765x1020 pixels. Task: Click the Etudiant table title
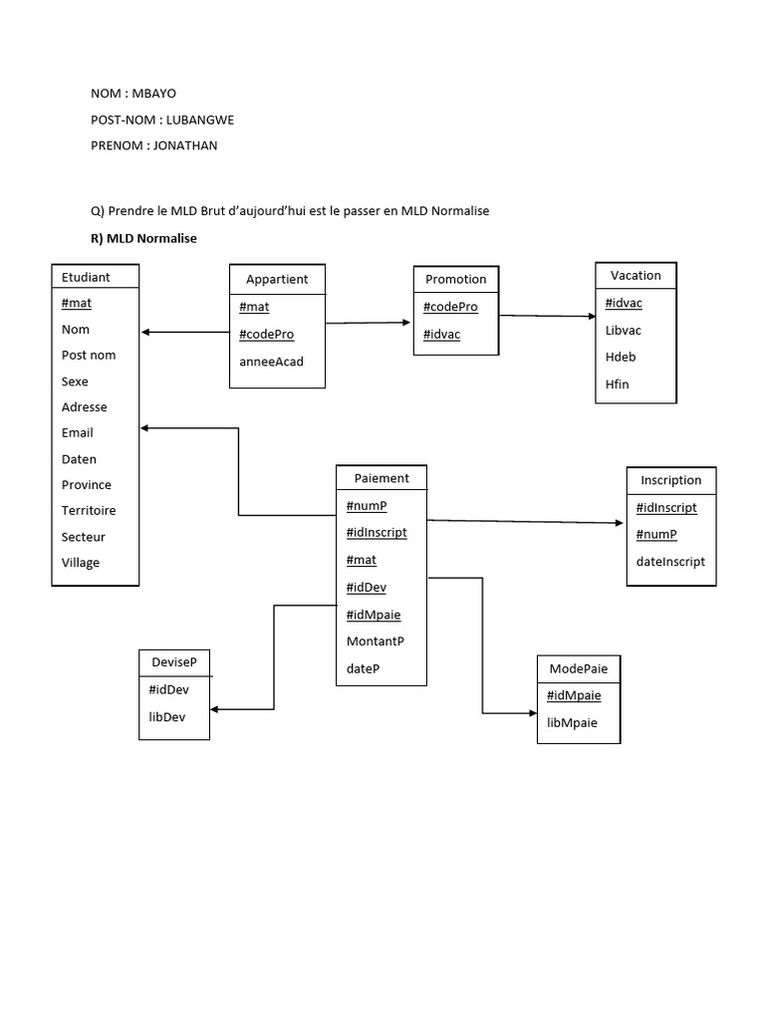(86, 277)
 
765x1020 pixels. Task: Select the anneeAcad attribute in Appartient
(271, 362)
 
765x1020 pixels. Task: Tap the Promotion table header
(456, 279)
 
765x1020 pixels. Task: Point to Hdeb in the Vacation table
(621, 358)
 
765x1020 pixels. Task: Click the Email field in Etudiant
(78, 433)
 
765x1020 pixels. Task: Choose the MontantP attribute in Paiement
(376, 641)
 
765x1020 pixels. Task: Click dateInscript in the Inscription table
(670, 562)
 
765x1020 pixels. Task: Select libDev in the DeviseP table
(167, 717)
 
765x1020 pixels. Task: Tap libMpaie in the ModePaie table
(573, 723)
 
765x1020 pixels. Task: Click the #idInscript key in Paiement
(377, 532)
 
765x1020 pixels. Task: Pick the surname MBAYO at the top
(154, 94)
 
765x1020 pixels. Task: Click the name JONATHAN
(185, 145)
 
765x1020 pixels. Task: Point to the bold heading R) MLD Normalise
(143, 238)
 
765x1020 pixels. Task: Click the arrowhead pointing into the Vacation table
(592, 316)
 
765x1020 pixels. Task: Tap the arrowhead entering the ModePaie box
(534, 713)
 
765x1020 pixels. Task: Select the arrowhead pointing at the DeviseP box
(214, 709)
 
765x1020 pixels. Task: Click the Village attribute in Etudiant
(81, 563)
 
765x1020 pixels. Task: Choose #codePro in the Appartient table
(267, 335)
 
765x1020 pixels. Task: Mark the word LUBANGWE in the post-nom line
(200, 120)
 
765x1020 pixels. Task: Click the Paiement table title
(382, 478)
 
